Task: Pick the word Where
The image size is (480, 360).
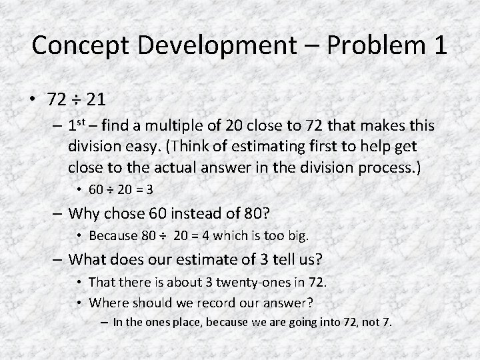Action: pos(107,302)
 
